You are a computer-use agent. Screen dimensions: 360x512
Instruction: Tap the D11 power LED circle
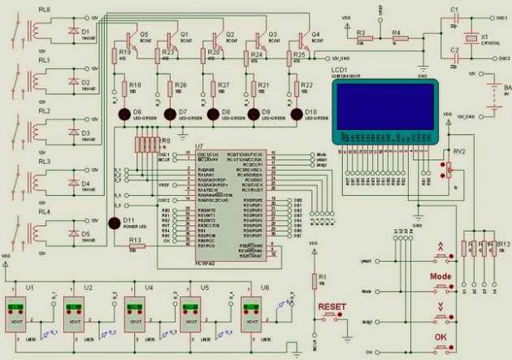116,223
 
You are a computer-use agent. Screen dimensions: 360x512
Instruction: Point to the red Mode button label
439,274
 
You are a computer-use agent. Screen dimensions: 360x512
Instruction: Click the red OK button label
439,336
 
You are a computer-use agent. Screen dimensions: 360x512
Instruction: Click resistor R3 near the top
361,38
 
